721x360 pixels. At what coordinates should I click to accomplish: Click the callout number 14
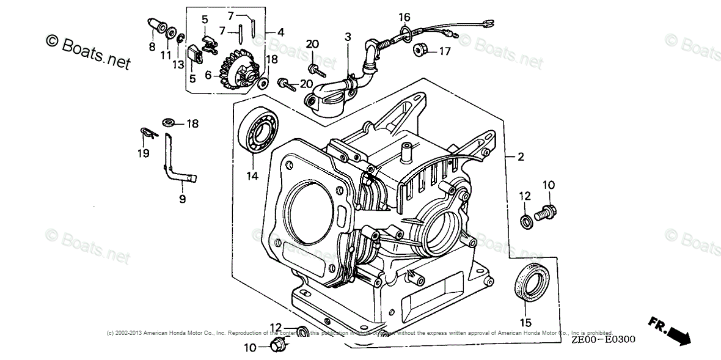(252, 176)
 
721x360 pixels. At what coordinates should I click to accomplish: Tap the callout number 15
(525, 322)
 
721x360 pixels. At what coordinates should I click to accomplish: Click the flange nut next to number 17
(420, 49)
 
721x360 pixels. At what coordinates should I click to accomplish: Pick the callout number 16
(404, 17)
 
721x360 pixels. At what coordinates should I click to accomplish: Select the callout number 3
(348, 37)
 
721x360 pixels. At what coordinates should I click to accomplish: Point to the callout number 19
(143, 153)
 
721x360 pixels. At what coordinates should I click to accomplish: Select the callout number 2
(521, 156)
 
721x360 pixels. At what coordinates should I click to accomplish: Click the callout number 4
(280, 32)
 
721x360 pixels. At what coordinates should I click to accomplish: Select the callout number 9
(182, 199)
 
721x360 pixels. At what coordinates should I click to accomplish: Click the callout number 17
(444, 51)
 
